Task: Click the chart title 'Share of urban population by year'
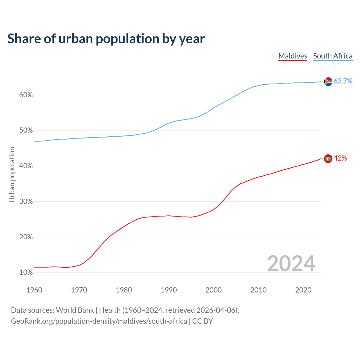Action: pos(106,39)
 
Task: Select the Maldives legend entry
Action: pos(292,56)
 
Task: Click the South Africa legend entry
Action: pos(333,56)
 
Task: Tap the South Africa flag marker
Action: pos(328,82)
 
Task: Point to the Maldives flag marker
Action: pos(328,159)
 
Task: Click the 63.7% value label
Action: pos(343,81)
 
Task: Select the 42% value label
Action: pos(340,158)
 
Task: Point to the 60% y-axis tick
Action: pos(26,95)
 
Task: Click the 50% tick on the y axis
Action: pos(26,130)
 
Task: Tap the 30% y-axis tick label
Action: pos(26,202)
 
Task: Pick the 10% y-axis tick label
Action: pos(26,273)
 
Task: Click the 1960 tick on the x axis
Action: pos(34,290)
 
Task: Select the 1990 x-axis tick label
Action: pos(169,290)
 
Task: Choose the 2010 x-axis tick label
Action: pos(258,290)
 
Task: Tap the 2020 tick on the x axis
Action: pos(303,290)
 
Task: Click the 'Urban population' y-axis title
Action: pos(12,174)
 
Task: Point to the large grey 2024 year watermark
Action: pos(291,264)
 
